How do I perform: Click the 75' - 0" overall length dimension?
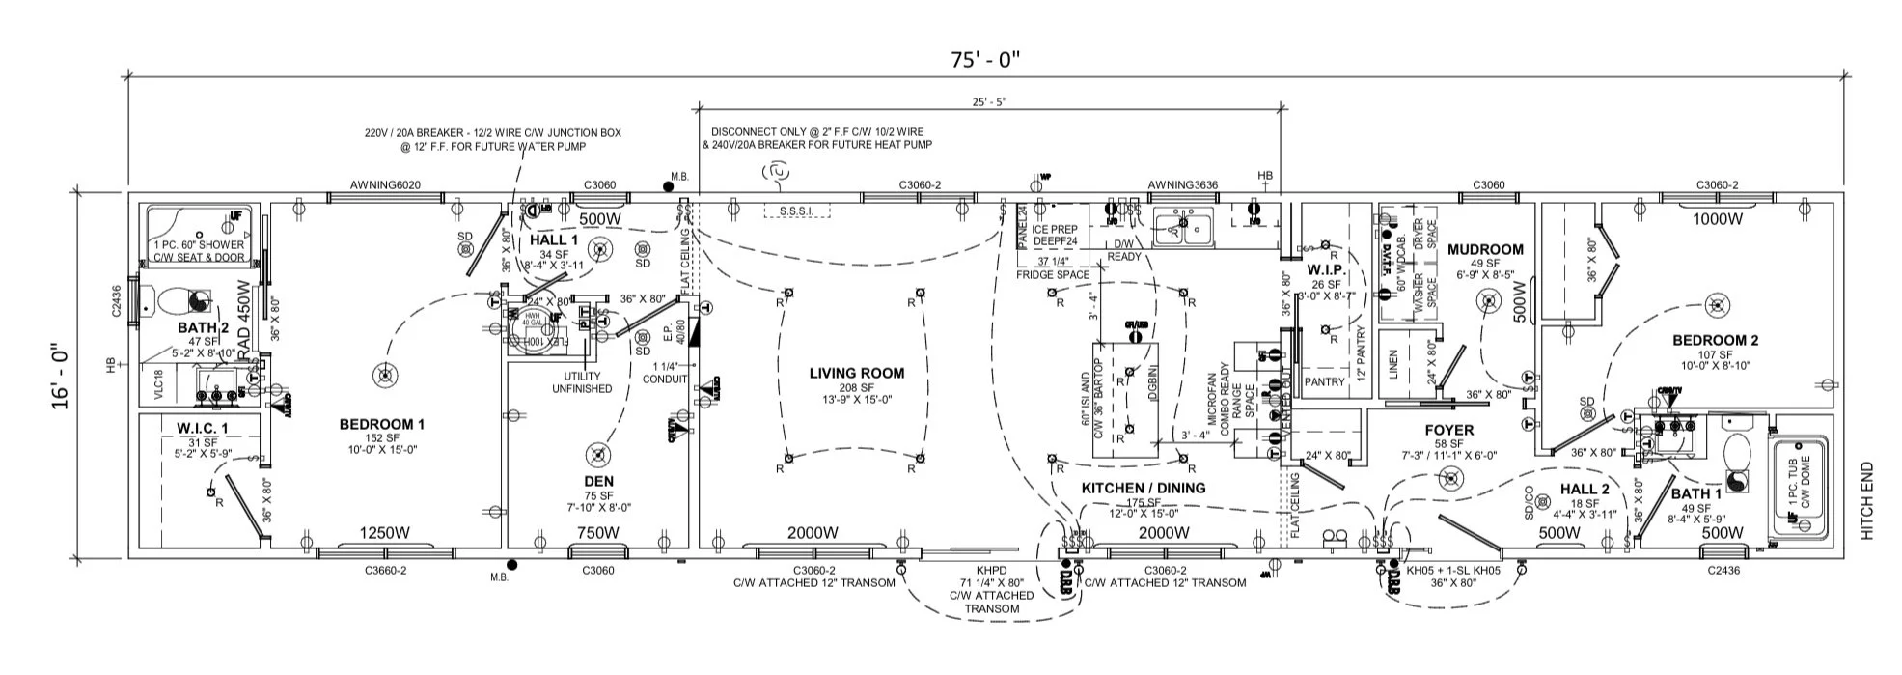(984, 60)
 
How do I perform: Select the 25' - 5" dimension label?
(990, 101)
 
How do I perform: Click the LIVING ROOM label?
(856, 373)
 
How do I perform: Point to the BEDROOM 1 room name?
(381, 424)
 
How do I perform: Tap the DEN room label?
(598, 481)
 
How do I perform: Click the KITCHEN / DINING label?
(1143, 488)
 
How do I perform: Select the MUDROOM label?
(1485, 249)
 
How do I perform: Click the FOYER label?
(1448, 430)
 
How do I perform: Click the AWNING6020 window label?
(385, 185)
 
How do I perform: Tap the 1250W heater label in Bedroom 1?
(385, 532)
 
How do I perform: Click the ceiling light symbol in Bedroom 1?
(385, 375)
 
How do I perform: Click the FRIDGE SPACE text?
(1053, 274)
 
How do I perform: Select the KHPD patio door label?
(991, 570)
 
